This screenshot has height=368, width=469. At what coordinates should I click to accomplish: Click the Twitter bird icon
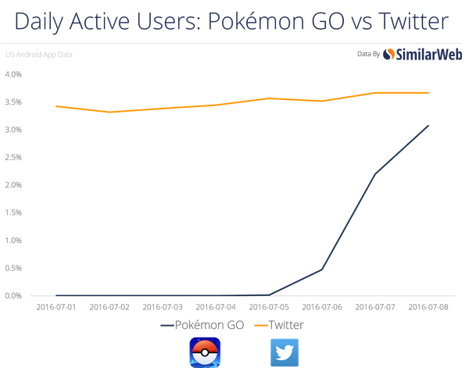coord(285,351)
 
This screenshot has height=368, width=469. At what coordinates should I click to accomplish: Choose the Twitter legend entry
coord(280,323)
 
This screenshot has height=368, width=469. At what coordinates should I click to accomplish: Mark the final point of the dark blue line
coord(429,124)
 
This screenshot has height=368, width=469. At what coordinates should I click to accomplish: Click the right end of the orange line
coord(430,92)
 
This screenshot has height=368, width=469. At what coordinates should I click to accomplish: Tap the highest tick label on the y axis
coord(15,74)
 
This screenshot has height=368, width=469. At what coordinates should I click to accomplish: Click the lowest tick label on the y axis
coord(15,295)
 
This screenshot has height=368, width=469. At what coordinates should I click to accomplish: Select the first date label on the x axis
coord(55,307)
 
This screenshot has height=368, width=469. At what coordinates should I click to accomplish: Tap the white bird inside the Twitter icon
coord(285,351)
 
